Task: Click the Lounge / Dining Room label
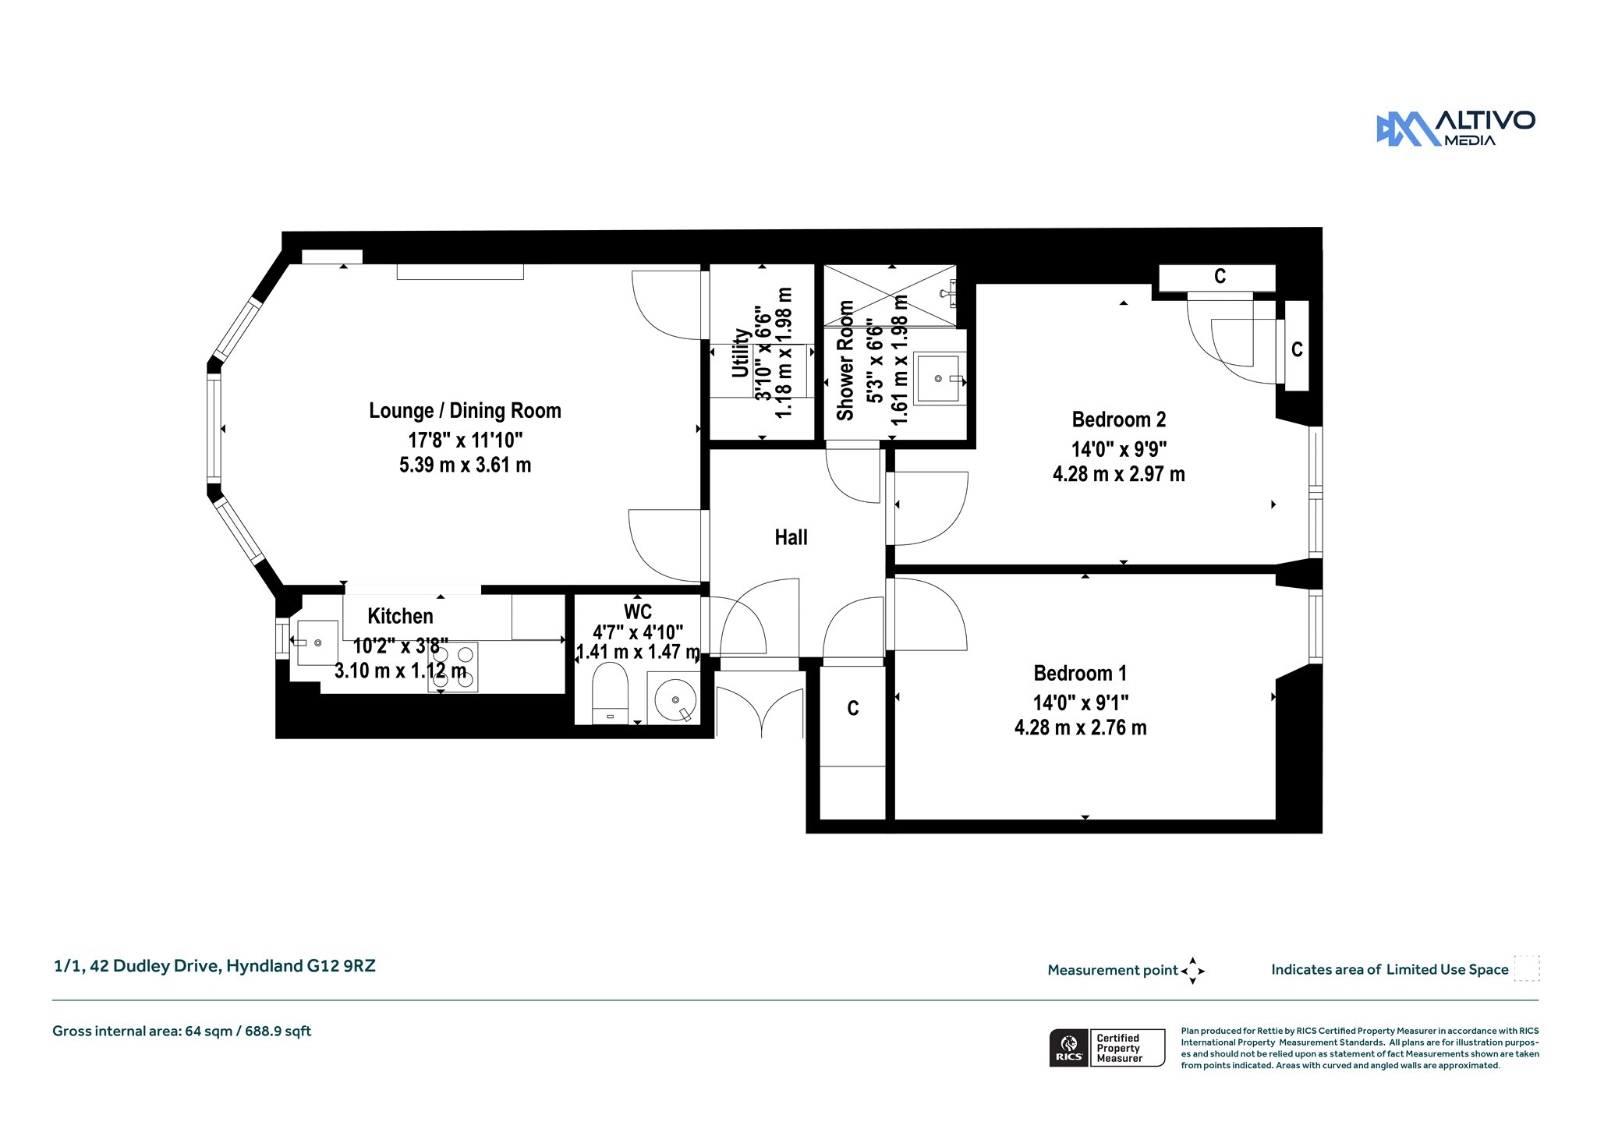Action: (465, 411)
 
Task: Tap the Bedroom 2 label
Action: (1119, 419)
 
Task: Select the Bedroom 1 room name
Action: (1080, 673)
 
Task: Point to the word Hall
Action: (791, 537)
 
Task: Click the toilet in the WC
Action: (610, 693)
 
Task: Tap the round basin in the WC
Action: (675, 699)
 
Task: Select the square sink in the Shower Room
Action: (939, 378)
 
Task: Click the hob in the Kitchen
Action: (453, 667)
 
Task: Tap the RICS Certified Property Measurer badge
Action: (1107, 1047)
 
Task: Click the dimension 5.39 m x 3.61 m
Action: (465, 465)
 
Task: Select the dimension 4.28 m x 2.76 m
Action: (1080, 727)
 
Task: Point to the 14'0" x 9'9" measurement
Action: (1119, 449)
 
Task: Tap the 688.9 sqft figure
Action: (278, 1031)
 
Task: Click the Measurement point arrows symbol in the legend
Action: (1192, 971)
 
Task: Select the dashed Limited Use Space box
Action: (1527, 968)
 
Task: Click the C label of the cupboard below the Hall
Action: (853, 708)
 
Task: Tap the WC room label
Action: (638, 611)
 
